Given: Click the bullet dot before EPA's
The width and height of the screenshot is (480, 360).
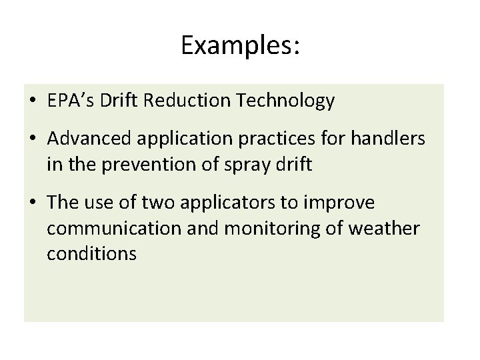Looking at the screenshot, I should click(33, 102).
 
